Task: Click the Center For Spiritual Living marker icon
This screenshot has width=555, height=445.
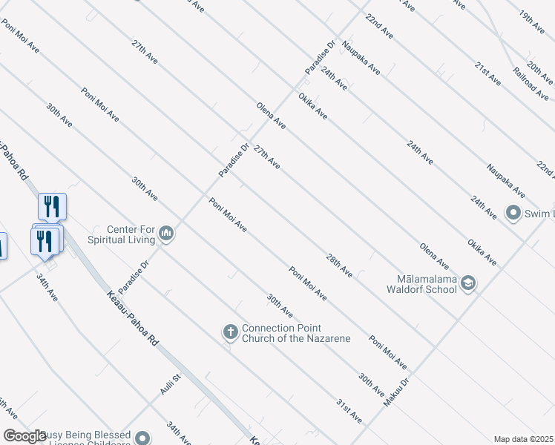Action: click(166, 234)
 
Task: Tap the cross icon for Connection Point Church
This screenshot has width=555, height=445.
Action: click(231, 333)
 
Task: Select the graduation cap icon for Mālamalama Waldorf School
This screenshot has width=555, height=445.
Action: click(468, 283)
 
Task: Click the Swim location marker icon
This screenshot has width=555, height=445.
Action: click(513, 214)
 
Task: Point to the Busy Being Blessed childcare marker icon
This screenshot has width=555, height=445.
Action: click(143, 438)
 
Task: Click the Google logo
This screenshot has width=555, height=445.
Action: click(25, 436)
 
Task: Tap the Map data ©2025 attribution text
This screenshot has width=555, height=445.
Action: click(523, 439)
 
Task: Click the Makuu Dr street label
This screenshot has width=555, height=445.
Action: click(397, 392)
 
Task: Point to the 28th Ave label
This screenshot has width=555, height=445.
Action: click(339, 265)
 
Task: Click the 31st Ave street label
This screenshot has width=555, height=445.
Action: click(349, 411)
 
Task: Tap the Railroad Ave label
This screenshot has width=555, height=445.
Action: click(531, 83)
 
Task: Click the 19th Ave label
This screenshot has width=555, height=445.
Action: click(532, 25)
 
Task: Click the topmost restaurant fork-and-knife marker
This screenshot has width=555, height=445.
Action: click(52, 205)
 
